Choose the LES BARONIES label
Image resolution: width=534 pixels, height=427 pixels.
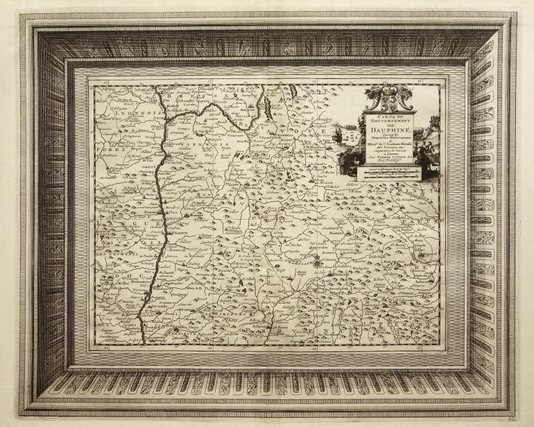[229, 319]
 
